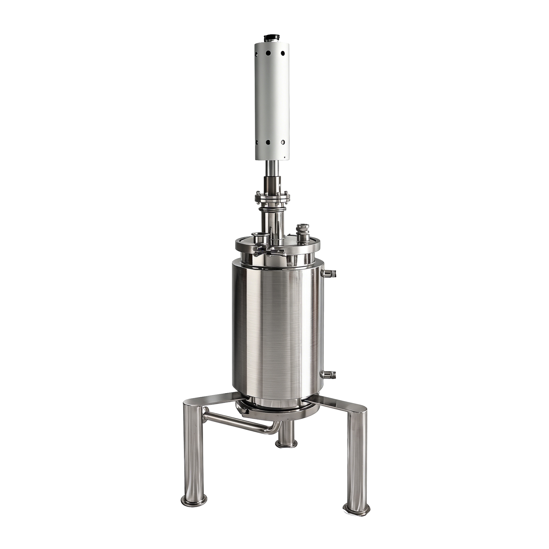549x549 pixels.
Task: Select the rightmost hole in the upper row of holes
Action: (x=283, y=53)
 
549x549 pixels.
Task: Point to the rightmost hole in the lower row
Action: (x=283, y=142)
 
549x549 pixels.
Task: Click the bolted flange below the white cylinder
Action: (x=272, y=197)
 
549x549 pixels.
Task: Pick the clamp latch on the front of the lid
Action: (x=270, y=251)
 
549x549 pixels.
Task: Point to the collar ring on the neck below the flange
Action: (x=272, y=210)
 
